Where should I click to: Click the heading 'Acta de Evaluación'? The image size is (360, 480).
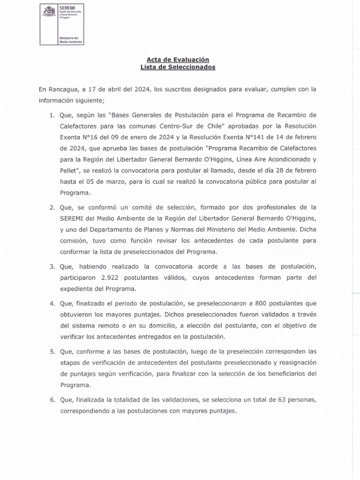pyautogui.click(x=178, y=60)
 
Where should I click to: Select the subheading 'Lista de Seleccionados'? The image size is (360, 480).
pyautogui.click(x=178, y=67)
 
